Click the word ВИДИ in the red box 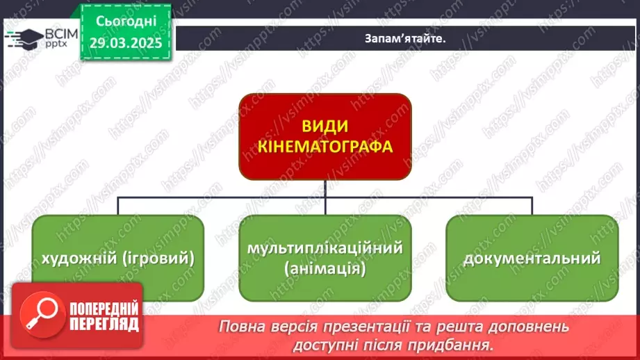click(x=325, y=127)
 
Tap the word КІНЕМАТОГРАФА click(x=325, y=147)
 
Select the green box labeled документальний click(x=532, y=259)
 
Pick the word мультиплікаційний click(x=325, y=248)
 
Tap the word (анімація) click(x=325, y=268)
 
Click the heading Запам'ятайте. click(x=404, y=39)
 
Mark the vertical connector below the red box click(x=325, y=189)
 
